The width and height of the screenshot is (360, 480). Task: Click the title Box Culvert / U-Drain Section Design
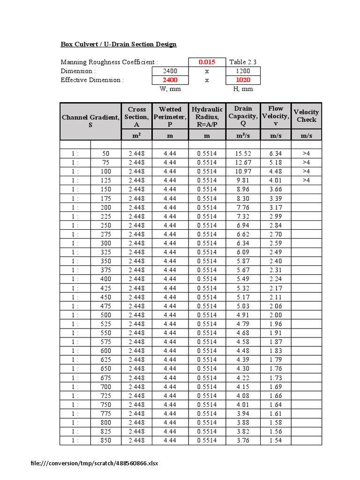[119, 45]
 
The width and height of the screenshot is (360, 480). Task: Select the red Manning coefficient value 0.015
[206, 62]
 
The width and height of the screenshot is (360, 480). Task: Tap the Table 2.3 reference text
[242, 62]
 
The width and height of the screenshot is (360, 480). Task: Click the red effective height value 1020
[242, 80]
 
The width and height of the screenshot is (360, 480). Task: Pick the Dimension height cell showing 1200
[242, 71]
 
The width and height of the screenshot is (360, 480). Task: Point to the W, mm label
[170, 89]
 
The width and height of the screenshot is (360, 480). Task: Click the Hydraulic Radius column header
[207, 117]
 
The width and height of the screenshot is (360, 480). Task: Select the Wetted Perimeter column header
[170, 117]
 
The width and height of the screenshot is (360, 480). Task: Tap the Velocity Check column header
[306, 116]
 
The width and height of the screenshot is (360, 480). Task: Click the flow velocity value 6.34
[276, 153]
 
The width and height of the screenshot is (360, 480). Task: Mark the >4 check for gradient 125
[306, 180]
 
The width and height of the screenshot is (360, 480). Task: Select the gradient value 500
[106, 315]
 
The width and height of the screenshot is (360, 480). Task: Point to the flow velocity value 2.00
[276, 315]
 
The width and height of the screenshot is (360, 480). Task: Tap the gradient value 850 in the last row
[106, 440]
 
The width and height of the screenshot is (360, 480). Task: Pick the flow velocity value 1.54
[276, 440]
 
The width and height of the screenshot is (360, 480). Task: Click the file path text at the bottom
[94, 464]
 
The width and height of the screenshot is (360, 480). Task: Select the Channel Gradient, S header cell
[90, 121]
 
